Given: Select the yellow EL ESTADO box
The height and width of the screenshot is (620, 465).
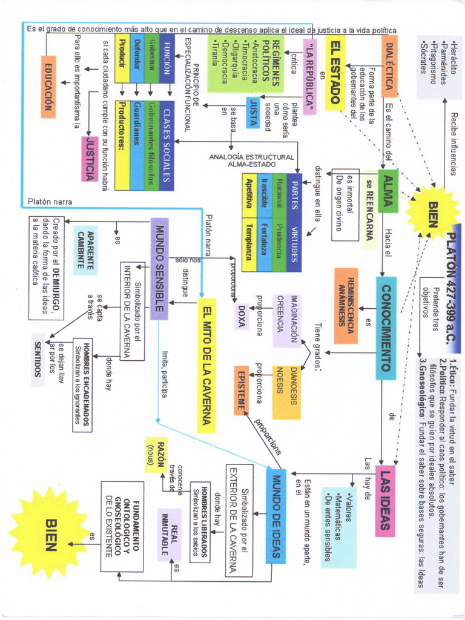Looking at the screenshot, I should pos(335,72).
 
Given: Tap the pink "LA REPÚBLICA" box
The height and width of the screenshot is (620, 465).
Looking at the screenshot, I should pos(309,78).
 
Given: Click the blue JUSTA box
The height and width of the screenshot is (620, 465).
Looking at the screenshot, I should pos(252,111).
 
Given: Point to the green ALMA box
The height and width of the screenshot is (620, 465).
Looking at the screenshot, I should pos(387,192).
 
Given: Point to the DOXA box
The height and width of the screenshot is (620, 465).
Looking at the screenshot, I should pos(241,315).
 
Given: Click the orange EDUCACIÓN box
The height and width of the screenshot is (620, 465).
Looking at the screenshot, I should pos(49,86).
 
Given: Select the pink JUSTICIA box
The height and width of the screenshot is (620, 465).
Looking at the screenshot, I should pos(90,159).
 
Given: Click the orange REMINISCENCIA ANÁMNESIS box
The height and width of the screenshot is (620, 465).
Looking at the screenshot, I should pos(346,297).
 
